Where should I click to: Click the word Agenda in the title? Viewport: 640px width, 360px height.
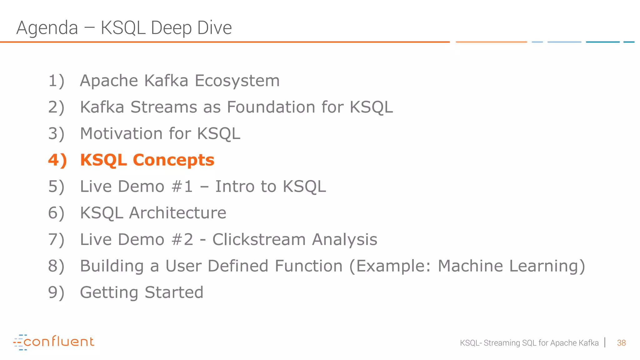(47, 28)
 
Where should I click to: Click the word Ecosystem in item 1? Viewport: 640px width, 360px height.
(237, 81)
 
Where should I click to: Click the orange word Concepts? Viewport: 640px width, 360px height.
(173, 160)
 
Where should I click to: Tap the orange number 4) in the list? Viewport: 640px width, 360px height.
(57, 160)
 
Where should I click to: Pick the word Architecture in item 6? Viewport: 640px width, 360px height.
(177, 213)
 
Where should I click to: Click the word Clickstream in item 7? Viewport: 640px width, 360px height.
(259, 240)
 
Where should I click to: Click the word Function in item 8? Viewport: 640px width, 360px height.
(308, 266)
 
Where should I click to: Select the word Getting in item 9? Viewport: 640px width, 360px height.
(109, 293)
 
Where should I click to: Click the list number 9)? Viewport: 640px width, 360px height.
(56, 293)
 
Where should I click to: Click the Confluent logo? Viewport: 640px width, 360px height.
(54, 342)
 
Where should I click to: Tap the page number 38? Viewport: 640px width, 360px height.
(621, 343)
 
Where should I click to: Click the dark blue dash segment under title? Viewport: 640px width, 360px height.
(602, 42)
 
